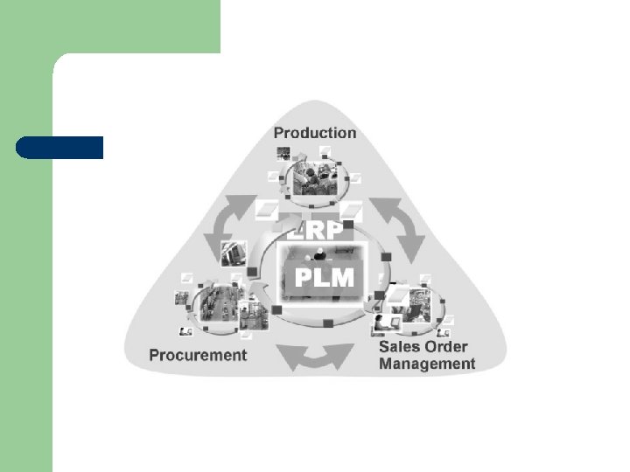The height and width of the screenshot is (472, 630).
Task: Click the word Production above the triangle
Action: tap(315, 133)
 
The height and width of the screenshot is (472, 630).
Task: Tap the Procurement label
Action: tap(198, 355)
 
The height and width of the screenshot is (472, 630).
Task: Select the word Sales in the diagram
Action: tap(399, 346)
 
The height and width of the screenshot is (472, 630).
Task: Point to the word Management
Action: tap(427, 364)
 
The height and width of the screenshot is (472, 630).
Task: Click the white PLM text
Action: tap(325, 279)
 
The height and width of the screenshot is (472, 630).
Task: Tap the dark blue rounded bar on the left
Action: tap(59, 148)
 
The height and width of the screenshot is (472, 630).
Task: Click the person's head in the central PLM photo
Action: tap(320, 253)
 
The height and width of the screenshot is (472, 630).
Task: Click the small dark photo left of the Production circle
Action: tap(283, 153)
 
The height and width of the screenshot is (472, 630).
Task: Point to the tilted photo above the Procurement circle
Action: tap(233, 253)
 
